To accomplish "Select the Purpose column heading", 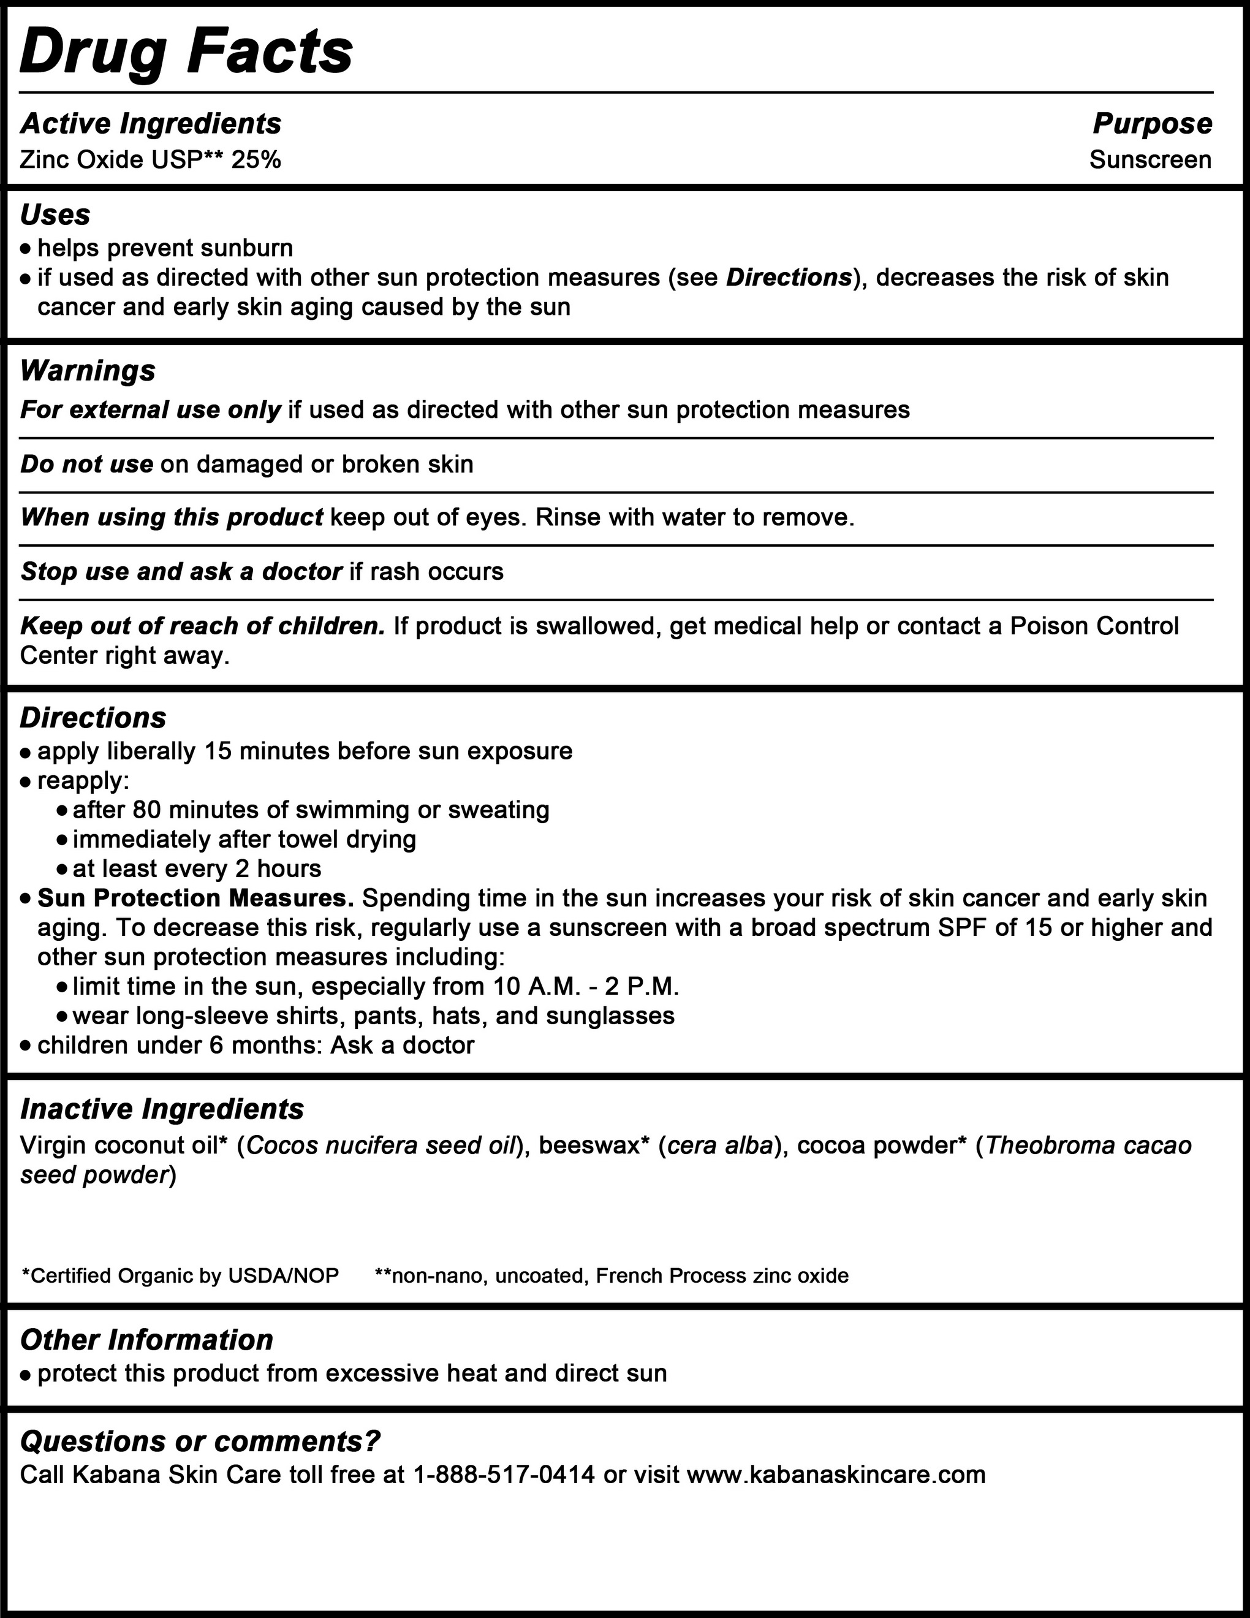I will click(1152, 124).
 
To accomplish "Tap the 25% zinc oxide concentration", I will click(256, 160).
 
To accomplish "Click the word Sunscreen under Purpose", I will click(1150, 160).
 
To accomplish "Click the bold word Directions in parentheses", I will click(789, 278).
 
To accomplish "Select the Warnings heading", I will click(88, 370).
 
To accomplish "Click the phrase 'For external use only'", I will click(150, 409).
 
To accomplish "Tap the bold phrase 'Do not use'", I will click(86, 465).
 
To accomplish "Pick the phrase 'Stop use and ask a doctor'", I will click(181, 571).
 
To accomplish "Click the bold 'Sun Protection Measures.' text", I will click(195, 898).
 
